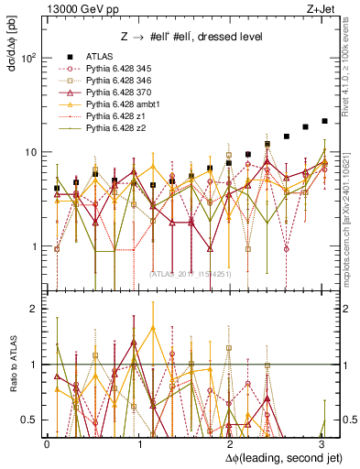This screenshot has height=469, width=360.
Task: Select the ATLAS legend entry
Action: click(101, 55)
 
